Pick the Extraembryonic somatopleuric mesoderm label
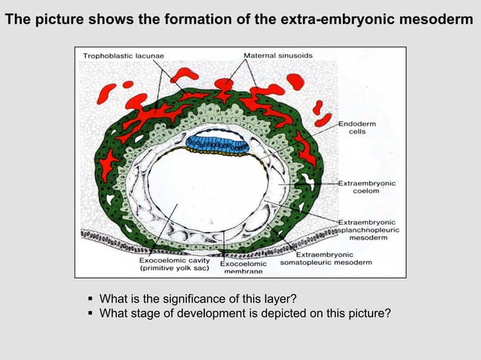point(326,258)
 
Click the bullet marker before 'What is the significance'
point(90,294)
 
